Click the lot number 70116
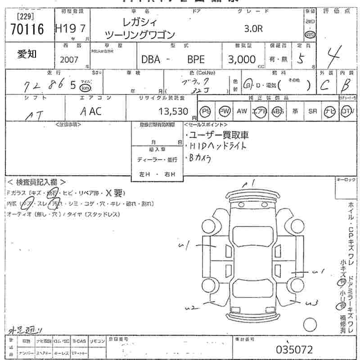pos(27,30)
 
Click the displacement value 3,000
pos(242,59)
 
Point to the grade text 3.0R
pos(253,28)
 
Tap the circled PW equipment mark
pos(224,111)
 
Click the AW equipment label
pos(242,111)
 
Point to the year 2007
pos(69,59)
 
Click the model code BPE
pos(196,59)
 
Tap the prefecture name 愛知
pos(27,54)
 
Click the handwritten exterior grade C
pos(330,85)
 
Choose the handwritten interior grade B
pos(347,85)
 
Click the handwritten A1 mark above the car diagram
pos(248,184)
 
